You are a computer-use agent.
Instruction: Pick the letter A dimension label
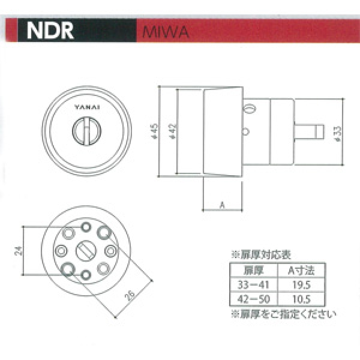click(221, 205)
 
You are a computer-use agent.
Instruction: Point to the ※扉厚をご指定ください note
click(283, 313)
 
